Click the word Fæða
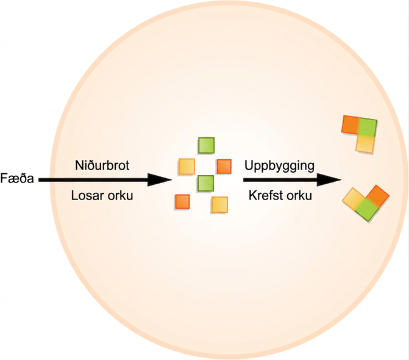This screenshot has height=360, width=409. (x=17, y=178)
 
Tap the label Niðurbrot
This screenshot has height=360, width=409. (x=102, y=165)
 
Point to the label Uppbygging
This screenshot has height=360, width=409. (x=279, y=166)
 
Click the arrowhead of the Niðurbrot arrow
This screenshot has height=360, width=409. (x=160, y=179)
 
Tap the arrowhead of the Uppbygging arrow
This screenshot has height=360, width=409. (x=329, y=179)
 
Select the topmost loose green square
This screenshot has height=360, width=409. (x=206, y=145)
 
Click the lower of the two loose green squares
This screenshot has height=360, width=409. (x=205, y=183)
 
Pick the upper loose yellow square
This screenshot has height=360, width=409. (x=187, y=167)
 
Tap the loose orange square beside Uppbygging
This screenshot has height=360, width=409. (x=224, y=167)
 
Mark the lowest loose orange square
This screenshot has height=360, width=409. (x=183, y=201)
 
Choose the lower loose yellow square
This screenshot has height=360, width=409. (x=219, y=204)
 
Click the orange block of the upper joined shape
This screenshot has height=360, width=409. (x=350, y=125)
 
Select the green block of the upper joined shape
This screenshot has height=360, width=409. (x=368, y=128)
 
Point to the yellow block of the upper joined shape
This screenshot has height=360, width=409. (x=365, y=144)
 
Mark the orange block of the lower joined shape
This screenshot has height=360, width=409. (x=379, y=195)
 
